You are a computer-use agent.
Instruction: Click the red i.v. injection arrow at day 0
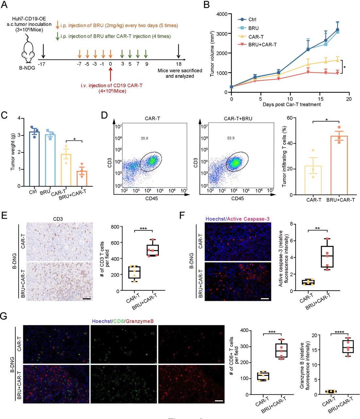point(111,74)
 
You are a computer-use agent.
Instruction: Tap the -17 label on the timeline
point(42,64)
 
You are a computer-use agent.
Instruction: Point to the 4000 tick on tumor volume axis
point(222,14)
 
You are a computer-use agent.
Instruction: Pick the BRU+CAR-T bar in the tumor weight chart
point(82,178)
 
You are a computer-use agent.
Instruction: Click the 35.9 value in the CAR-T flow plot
point(144,138)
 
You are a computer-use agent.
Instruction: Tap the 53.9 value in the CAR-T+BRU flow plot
point(231,138)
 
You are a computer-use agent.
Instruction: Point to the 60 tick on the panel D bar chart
point(289,118)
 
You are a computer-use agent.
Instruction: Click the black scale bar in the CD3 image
point(87,299)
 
